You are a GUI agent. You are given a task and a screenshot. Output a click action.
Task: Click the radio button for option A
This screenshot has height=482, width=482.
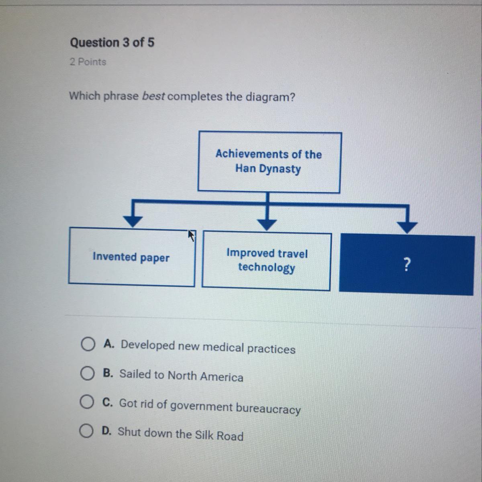[87, 344]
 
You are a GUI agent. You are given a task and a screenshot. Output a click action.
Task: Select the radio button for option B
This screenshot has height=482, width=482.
[86, 374]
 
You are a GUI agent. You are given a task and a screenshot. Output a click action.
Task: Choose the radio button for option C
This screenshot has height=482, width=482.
[86, 402]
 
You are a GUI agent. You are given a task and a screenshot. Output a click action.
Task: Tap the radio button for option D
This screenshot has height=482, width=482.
[85, 431]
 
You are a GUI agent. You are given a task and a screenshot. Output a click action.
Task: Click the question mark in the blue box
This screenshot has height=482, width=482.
[407, 265]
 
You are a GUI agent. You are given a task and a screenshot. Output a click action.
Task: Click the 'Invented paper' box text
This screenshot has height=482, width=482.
[131, 257]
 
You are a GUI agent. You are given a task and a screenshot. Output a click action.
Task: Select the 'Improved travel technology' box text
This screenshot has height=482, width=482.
[267, 260]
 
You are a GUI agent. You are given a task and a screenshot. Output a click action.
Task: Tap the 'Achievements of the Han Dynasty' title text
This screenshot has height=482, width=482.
[268, 161]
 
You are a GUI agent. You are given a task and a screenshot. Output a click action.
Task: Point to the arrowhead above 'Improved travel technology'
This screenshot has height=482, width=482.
[267, 223]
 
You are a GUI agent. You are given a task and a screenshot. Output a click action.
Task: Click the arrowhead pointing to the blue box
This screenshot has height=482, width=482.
[408, 227]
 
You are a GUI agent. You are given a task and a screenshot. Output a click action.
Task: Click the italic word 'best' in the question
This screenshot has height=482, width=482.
[153, 96]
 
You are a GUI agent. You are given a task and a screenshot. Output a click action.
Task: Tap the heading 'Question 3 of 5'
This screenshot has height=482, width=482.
[112, 43]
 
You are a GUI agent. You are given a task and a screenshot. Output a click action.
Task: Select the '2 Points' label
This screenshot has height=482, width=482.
[88, 62]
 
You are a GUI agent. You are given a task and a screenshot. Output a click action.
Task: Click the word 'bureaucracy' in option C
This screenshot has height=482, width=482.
[268, 408]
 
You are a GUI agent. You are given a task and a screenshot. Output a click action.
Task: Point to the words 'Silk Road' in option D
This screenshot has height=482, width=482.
[219, 435]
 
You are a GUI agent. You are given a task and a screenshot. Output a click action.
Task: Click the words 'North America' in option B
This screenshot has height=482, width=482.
[205, 376]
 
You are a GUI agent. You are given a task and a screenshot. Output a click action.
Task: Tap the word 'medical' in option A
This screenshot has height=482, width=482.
[223, 347]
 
